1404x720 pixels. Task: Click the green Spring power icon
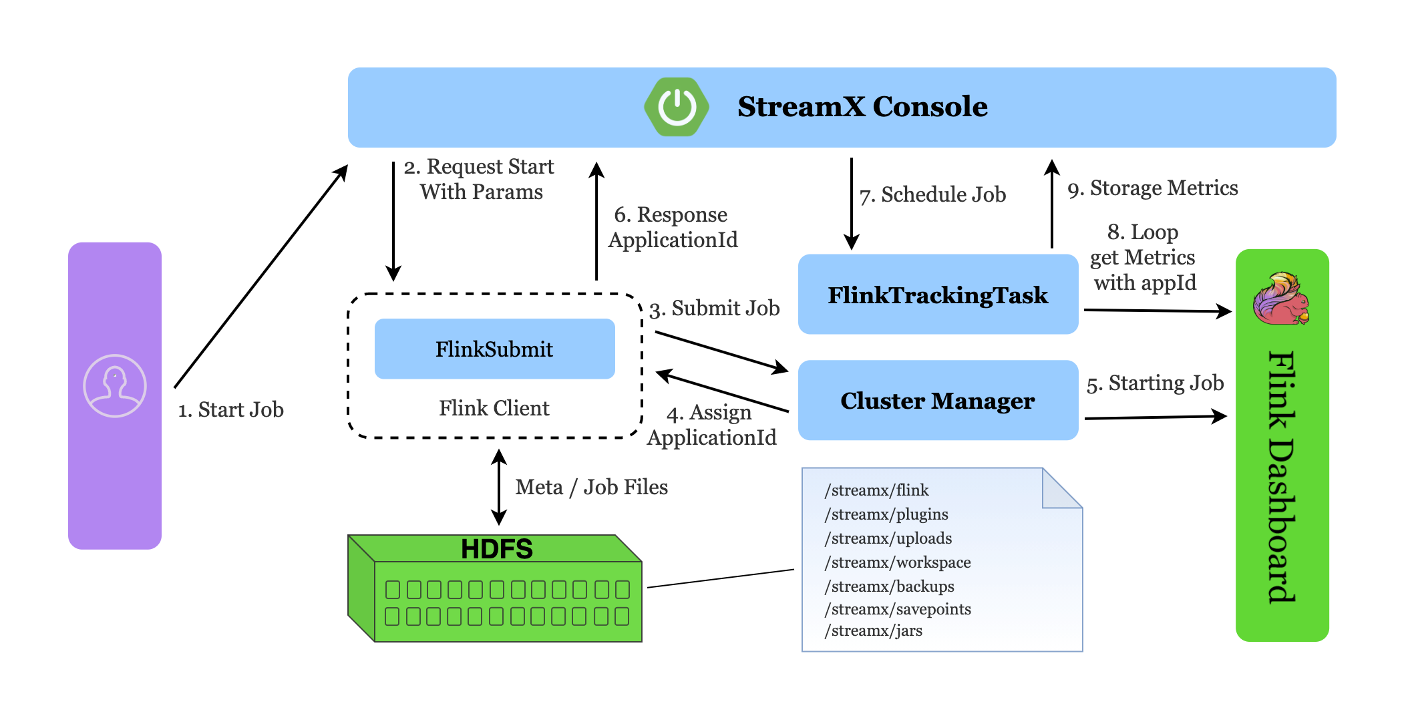[x=677, y=107]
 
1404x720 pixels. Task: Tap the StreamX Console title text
[x=862, y=107]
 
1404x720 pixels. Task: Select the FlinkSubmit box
[x=494, y=349]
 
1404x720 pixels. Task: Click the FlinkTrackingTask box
[x=938, y=295]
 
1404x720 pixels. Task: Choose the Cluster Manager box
[x=938, y=401]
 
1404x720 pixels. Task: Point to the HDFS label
[x=497, y=549]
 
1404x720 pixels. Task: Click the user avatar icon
[x=115, y=386]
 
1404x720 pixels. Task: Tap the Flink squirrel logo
[x=1281, y=299]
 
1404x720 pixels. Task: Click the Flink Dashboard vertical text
[x=1282, y=477]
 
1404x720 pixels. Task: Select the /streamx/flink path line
[x=877, y=490]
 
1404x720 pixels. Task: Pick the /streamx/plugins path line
[x=886, y=514]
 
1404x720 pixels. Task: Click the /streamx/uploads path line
[x=888, y=538]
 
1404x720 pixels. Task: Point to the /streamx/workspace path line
[x=898, y=562]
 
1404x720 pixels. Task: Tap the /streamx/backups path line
[x=890, y=586]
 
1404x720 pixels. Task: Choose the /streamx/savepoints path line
[x=898, y=609]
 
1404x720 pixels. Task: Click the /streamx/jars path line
[x=874, y=631]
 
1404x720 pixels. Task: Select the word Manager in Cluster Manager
[x=983, y=401]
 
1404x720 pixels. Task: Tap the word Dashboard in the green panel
[x=1282, y=521]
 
